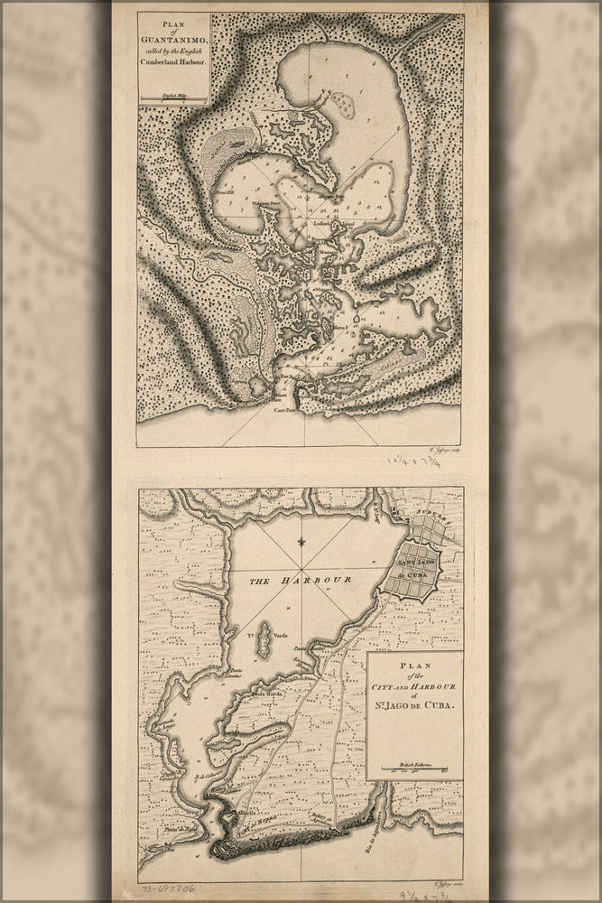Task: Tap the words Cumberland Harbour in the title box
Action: coord(172,62)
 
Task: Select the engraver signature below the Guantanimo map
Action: coord(460,449)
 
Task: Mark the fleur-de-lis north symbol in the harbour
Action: coord(301,544)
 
